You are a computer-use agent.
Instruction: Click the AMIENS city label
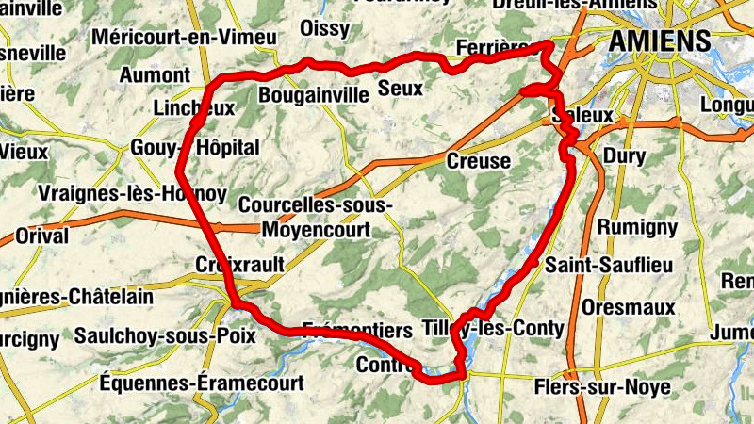pyautogui.click(x=659, y=41)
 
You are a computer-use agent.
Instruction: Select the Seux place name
pyautogui.click(x=400, y=89)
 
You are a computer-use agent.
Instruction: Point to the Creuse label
pyautogui.click(x=478, y=161)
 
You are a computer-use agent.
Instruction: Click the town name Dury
pyautogui.click(x=623, y=154)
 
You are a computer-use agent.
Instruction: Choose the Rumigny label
pyautogui.click(x=637, y=227)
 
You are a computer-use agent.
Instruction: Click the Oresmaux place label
pyautogui.click(x=629, y=307)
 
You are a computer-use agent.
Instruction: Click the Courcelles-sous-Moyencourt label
pyautogui.click(x=317, y=216)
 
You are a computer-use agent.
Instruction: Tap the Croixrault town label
pyautogui.click(x=239, y=265)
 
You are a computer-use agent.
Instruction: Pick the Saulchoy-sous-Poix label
pyautogui.click(x=165, y=335)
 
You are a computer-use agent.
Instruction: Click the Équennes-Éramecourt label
pyautogui.click(x=202, y=383)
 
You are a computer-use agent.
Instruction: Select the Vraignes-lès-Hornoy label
pyautogui.click(x=132, y=194)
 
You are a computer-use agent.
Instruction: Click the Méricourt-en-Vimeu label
pyautogui.click(x=185, y=38)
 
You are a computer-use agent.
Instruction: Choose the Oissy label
pyautogui.click(x=324, y=29)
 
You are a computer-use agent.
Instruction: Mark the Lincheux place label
pyautogui.click(x=193, y=108)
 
